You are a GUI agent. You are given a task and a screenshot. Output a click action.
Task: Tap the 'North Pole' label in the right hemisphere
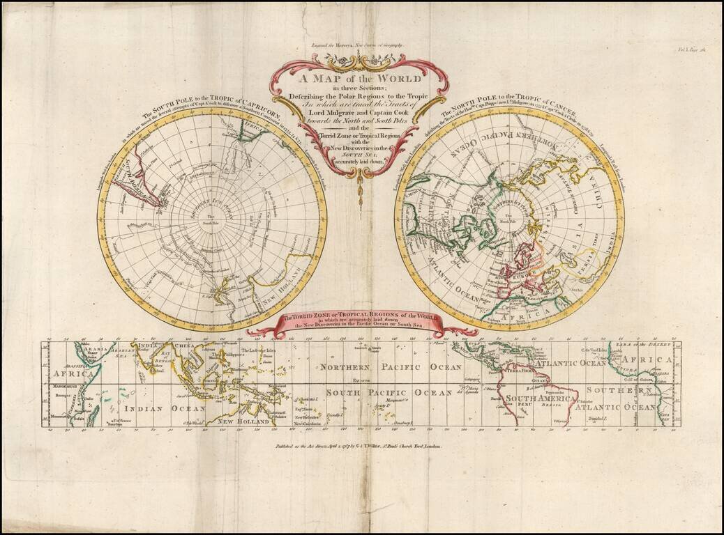pos(509,222)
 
